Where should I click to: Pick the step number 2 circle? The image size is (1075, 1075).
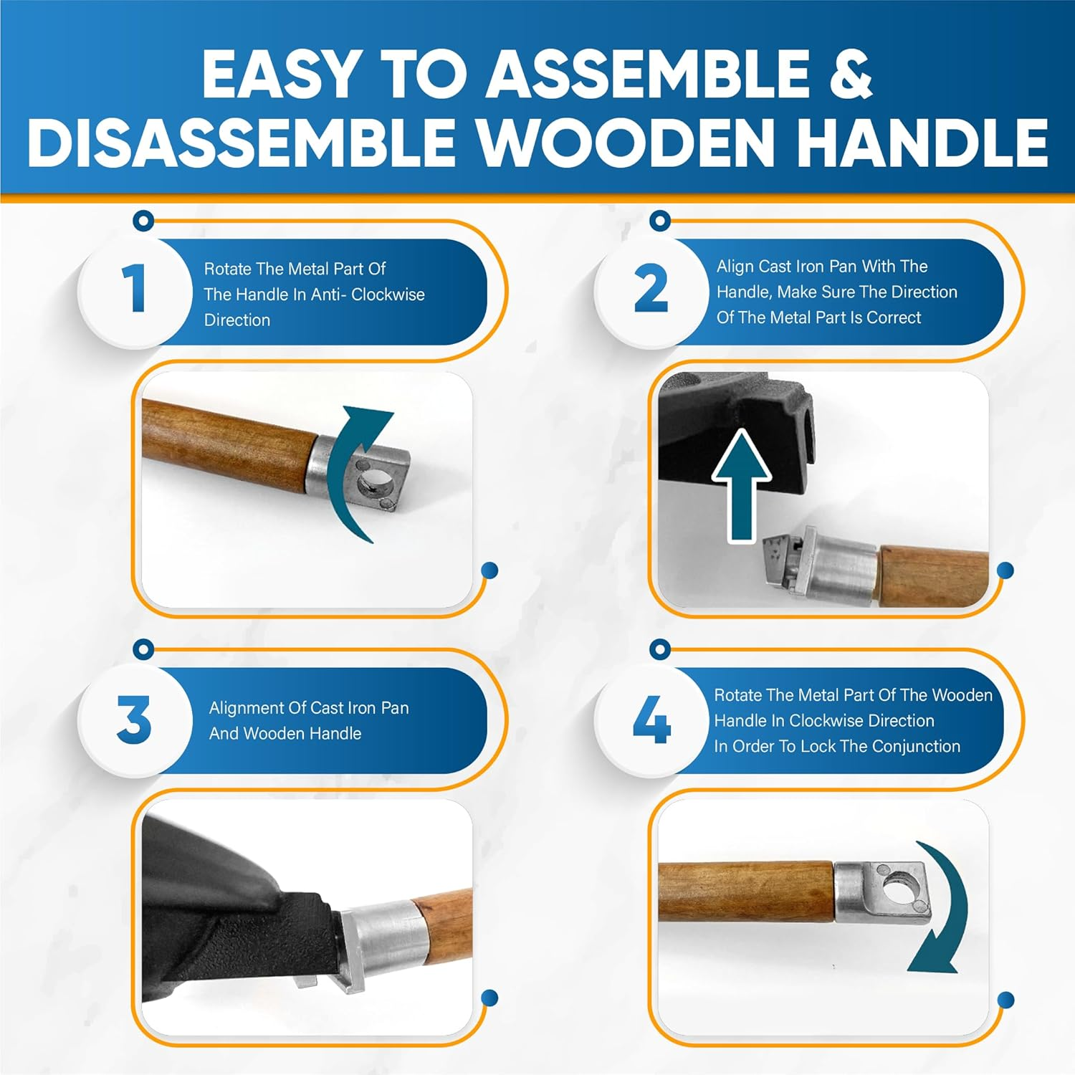point(651,290)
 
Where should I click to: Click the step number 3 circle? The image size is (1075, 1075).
point(133,720)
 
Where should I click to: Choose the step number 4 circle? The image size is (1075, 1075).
point(651,720)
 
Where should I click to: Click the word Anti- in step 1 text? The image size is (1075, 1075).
point(328,295)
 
